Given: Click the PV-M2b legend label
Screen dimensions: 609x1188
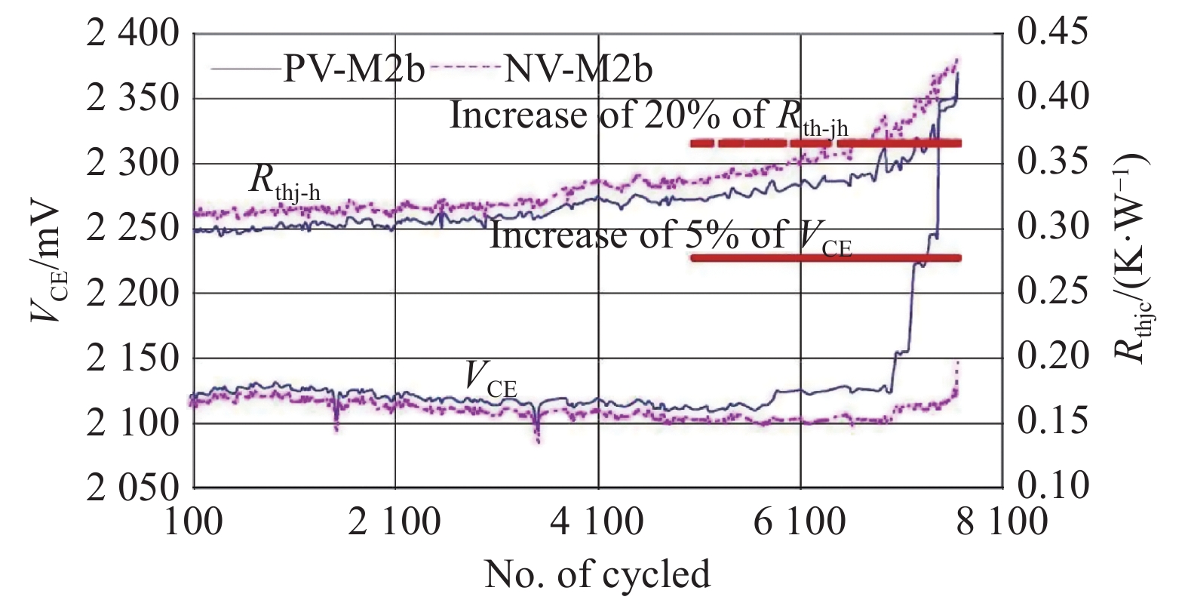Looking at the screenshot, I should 354,69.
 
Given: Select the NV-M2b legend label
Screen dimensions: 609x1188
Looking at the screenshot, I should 578,69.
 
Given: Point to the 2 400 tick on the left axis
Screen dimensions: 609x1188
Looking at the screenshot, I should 133,34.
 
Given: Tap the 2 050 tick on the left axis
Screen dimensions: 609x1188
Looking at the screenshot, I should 133,488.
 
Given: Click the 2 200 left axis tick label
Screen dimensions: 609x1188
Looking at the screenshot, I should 133,293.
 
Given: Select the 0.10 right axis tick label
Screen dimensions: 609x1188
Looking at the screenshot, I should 1053,485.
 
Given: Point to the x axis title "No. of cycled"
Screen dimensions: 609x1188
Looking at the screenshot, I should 597,574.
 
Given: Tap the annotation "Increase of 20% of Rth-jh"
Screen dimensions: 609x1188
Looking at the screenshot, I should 649,118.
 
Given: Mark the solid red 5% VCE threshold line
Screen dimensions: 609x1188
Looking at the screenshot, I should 825,258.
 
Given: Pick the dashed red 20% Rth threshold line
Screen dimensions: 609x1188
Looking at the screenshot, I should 825,143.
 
